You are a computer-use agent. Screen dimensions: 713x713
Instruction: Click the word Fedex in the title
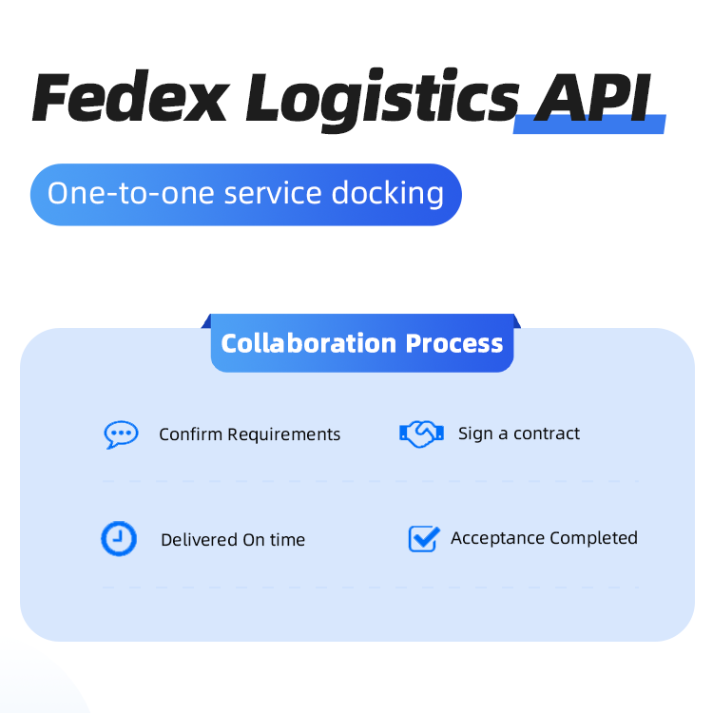point(129,98)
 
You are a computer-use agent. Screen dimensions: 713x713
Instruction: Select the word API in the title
point(594,98)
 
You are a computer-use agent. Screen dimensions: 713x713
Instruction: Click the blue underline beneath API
point(589,125)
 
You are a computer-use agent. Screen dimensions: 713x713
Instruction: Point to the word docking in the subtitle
point(388,194)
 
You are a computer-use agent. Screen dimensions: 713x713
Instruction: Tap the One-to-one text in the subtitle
point(131,194)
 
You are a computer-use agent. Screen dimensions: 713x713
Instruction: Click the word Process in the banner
point(454,343)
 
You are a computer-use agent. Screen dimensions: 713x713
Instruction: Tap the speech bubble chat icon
point(121,434)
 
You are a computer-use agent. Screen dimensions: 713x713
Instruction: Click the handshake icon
point(421,434)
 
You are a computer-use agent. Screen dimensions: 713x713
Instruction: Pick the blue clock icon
point(119,539)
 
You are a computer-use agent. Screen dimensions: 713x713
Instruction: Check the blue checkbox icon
point(423,539)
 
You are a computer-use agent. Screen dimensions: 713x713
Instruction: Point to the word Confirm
point(190,434)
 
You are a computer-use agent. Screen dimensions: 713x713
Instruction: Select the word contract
point(547,434)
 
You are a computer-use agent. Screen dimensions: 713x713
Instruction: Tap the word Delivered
point(199,540)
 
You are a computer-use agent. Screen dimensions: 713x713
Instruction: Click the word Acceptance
point(493,538)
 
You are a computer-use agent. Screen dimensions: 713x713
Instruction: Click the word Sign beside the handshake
point(475,434)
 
